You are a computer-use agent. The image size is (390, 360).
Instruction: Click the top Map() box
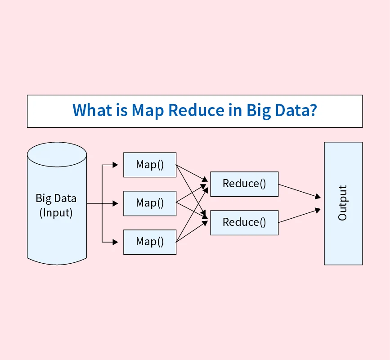150,164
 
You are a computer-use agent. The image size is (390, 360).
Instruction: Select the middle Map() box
150,203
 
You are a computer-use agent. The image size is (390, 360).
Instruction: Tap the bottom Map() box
150,242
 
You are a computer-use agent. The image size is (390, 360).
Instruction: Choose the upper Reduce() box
244,184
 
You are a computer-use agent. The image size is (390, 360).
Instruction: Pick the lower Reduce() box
244,222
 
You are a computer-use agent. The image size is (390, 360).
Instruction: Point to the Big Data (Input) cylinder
57,211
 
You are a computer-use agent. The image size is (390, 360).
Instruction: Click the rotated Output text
343,203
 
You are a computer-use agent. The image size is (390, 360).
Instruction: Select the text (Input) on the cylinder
56,212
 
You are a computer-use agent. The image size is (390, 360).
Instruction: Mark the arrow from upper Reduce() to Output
299,191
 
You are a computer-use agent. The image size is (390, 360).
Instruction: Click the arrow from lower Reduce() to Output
299,216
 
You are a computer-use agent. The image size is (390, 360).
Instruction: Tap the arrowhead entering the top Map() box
121,165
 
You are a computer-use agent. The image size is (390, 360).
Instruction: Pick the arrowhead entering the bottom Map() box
121,242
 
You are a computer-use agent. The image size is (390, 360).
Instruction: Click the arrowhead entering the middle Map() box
121,203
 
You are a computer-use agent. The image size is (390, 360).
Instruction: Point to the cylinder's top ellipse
57,153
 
